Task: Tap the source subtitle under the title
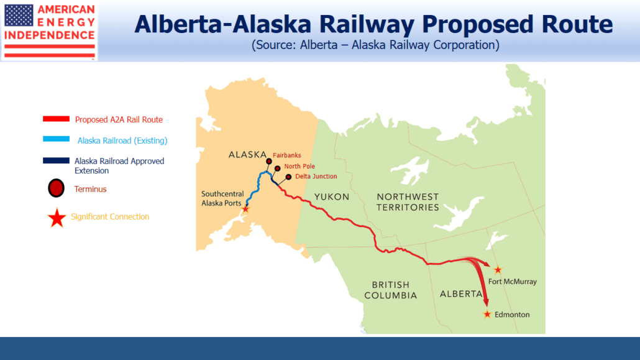[x=375, y=45]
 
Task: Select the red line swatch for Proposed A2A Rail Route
[x=57, y=119]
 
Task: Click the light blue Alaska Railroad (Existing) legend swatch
[x=57, y=139]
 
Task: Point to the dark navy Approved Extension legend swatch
[x=57, y=160]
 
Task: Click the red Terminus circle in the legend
[x=57, y=188]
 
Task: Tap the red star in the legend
[x=57, y=218]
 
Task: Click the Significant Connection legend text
[x=110, y=216]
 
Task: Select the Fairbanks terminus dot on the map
[x=269, y=162]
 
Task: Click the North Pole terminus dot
[x=278, y=168]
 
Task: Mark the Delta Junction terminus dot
[x=288, y=177]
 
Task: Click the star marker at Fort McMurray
[x=498, y=270]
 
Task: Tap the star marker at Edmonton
[x=487, y=314]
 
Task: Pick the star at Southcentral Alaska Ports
[x=245, y=209]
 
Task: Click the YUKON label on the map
[x=332, y=197]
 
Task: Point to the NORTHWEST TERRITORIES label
[x=408, y=202]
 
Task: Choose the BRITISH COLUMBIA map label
[x=391, y=290]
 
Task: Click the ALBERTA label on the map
[x=461, y=294]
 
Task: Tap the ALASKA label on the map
[x=247, y=154]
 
